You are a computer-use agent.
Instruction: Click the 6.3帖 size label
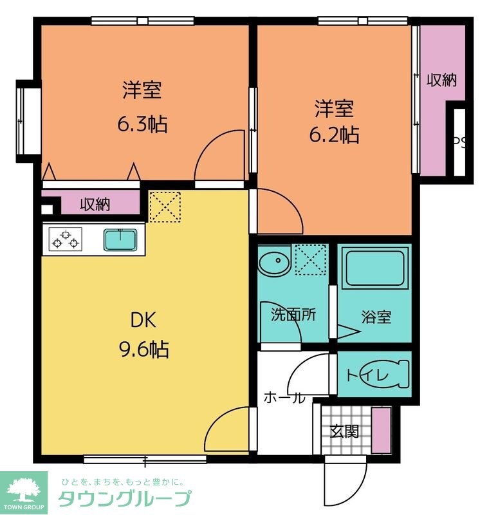pos(142,124)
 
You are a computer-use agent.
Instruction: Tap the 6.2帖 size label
pos(333,135)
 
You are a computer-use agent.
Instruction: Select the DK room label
pos(143,320)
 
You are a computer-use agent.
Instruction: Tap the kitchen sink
pos(122,239)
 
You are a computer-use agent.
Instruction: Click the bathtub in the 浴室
pos(375,268)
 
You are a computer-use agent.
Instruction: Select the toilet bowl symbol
pos(382,375)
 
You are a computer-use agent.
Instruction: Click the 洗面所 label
pos(293,315)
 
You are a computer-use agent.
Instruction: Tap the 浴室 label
pos(376,317)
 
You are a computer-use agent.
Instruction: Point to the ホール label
pos(284,398)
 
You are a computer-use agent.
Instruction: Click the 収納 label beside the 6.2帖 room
pos(441,80)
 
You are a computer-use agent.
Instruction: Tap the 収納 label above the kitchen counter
pos(95,205)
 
